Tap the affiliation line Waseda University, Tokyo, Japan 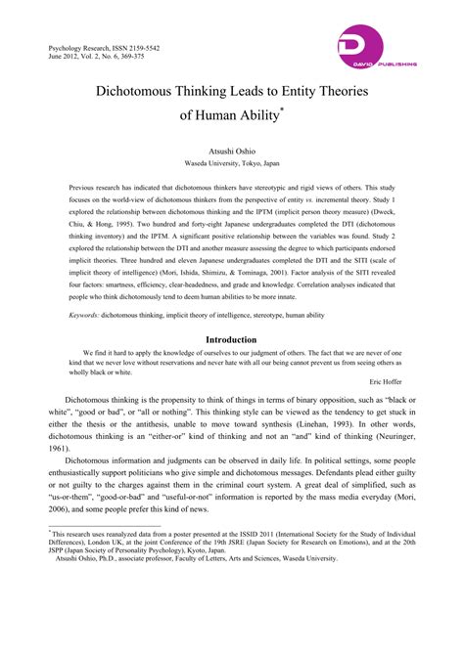click(x=231, y=164)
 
